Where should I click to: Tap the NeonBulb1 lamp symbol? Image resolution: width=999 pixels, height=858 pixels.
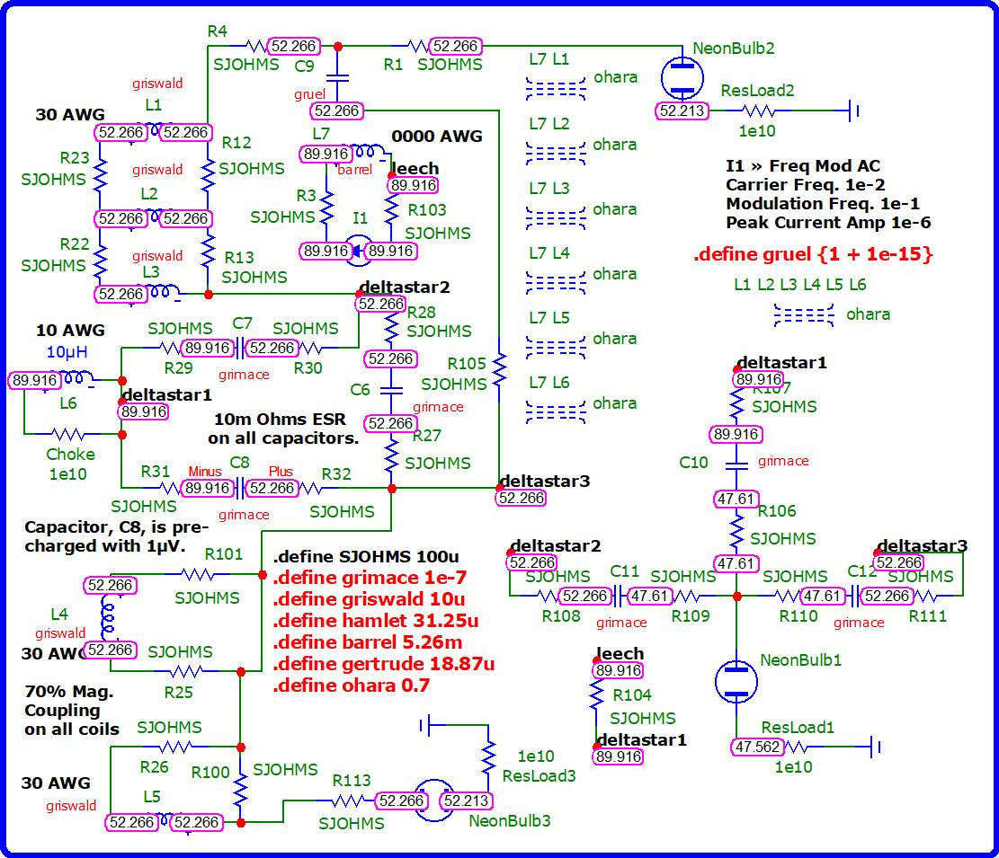click(x=736, y=680)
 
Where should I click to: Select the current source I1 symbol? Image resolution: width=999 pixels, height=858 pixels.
click(x=360, y=252)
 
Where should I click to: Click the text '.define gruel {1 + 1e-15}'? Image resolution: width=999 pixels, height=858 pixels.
click(x=813, y=254)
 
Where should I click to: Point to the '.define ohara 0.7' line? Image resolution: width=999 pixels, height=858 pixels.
click(x=351, y=685)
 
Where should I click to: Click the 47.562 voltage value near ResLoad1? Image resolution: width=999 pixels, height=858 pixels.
click(x=757, y=747)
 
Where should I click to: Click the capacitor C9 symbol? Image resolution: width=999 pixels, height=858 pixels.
click(x=338, y=78)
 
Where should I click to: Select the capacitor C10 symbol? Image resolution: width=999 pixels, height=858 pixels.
click(x=736, y=464)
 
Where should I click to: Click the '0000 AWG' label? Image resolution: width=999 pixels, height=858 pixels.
click(x=437, y=137)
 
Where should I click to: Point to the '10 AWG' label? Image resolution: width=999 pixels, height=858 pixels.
click(x=70, y=330)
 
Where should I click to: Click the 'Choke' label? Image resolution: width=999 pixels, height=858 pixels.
click(x=70, y=455)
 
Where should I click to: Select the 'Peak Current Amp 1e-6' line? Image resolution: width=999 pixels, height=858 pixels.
click(x=828, y=223)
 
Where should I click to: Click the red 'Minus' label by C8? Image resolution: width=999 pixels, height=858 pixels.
click(x=205, y=472)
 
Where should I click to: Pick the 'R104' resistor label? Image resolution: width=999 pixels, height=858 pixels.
click(x=631, y=694)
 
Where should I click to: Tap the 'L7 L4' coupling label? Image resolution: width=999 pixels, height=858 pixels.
click(x=549, y=253)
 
